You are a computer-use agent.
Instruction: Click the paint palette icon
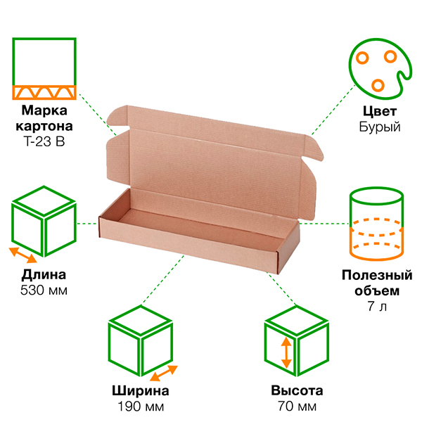click(379, 68)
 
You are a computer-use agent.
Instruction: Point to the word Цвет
click(380, 112)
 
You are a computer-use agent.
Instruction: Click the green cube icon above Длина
click(44, 218)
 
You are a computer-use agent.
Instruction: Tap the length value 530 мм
click(44, 289)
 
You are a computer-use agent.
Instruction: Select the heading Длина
click(44, 274)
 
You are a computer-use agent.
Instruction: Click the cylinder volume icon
click(378, 222)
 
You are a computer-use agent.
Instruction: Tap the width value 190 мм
click(141, 407)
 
